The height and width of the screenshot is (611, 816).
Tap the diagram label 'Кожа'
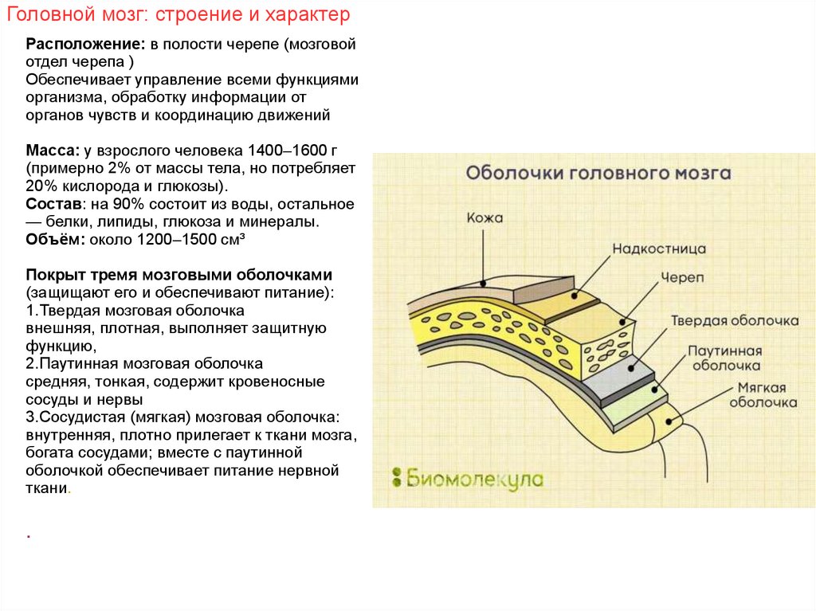[x=485, y=217]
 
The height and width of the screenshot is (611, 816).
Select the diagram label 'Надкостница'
[x=659, y=249]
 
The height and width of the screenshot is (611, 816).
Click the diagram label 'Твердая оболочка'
[x=734, y=320]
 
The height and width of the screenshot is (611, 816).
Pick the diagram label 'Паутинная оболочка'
[x=725, y=358]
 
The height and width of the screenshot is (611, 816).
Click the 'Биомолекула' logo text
[x=475, y=478]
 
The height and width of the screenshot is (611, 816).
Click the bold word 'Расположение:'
[x=73, y=45]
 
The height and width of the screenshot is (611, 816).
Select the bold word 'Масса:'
[x=52, y=151]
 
